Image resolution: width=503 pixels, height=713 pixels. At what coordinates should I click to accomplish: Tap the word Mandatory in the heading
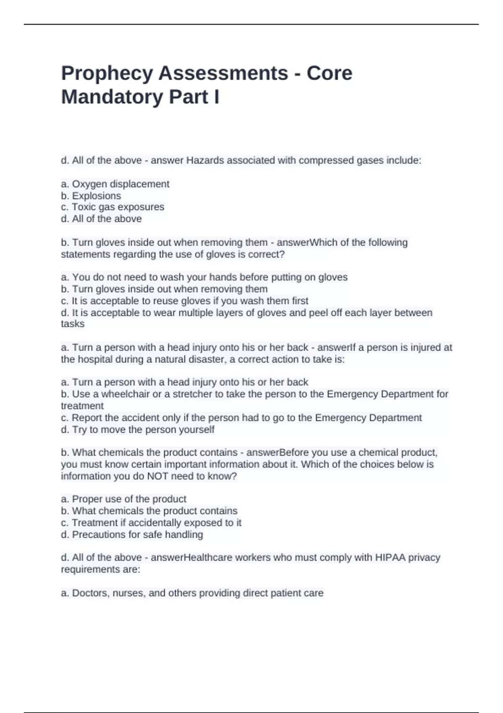112,97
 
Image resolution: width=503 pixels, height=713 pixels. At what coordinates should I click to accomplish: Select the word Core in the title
329,73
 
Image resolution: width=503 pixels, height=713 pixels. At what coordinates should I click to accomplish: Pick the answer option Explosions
96,196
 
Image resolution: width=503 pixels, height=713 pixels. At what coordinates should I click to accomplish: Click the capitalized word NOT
158,476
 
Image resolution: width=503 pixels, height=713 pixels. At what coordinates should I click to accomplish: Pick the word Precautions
96,535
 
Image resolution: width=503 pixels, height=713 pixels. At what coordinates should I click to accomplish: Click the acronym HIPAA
390,558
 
